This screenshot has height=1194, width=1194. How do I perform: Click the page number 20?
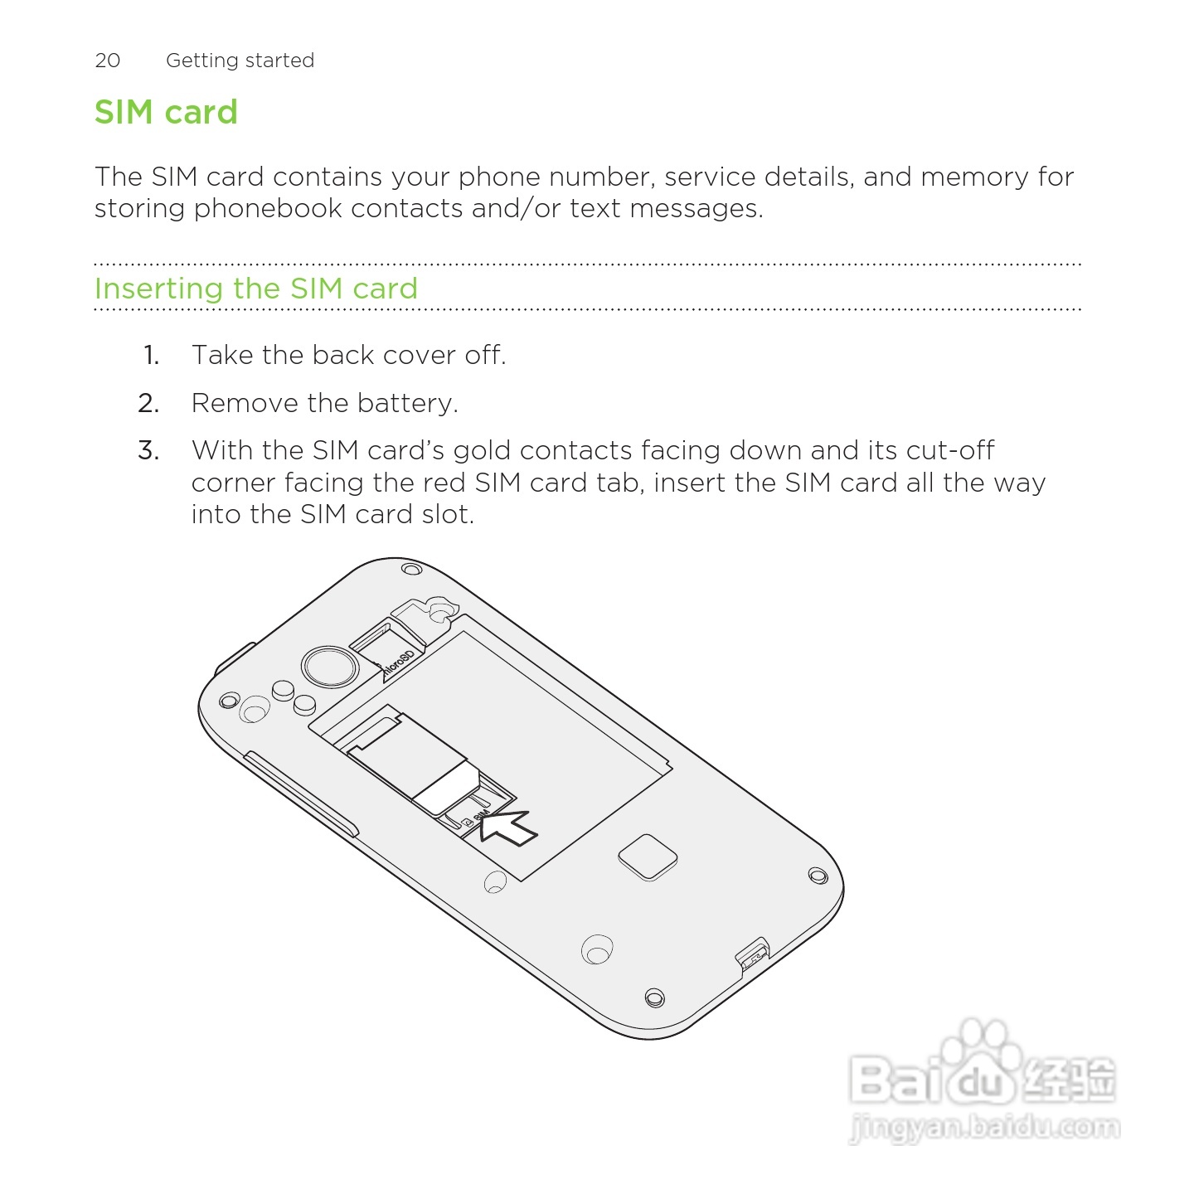coord(108,61)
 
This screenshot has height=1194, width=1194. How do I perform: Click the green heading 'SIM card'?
coord(166,112)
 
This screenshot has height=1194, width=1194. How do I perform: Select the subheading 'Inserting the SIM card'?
coord(255,289)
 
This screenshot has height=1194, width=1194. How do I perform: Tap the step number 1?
coord(151,356)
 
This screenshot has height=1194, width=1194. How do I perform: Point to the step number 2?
coord(148,404)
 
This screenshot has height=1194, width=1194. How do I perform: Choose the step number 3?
coord(148,451)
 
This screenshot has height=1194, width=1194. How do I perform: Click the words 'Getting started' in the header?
coord(240,61)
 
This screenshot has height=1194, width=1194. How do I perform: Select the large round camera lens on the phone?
coord(329,667)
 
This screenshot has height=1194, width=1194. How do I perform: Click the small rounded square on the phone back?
coord(648,857)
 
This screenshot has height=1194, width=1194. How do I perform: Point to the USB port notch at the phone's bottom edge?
coord(753,955)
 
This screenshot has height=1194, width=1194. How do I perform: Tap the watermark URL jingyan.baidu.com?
coord(984,1128)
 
